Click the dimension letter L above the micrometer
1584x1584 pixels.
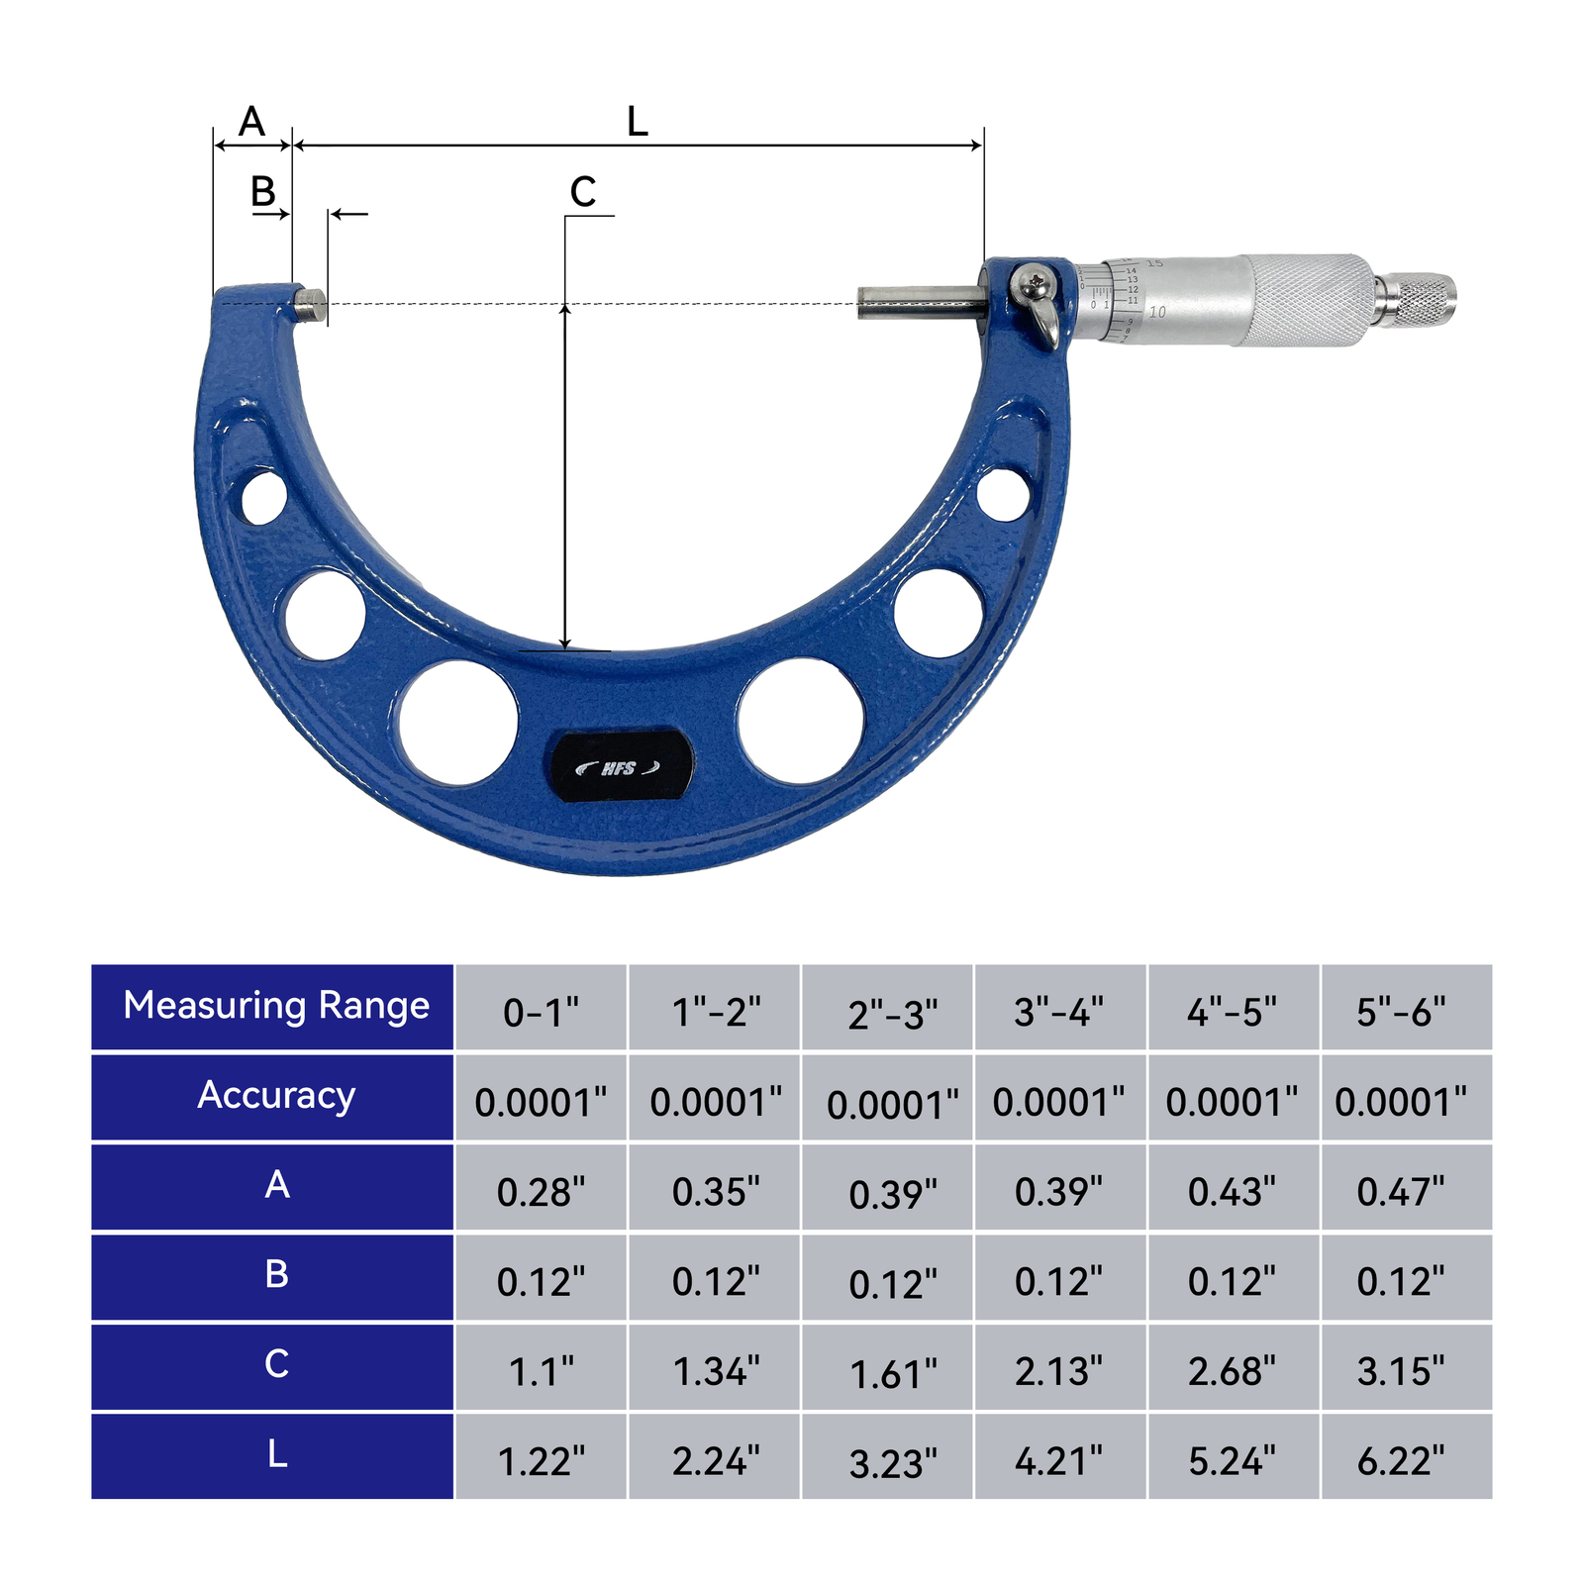(x=637, y=123)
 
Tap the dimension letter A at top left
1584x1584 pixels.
(x=252, y=123)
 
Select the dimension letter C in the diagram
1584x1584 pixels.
(x=583, y=192)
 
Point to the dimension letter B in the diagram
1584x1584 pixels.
(x=262, y=192)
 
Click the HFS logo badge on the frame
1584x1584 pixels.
(x=620, y=767)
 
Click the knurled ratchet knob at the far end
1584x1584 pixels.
(x=1418, y=301)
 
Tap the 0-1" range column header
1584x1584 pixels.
(x=541, y=1011)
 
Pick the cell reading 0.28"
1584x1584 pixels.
(x=541, y=1191)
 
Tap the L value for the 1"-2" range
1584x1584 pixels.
(x=715, y=1460)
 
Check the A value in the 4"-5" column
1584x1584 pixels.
(x=1233, y=1191)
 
